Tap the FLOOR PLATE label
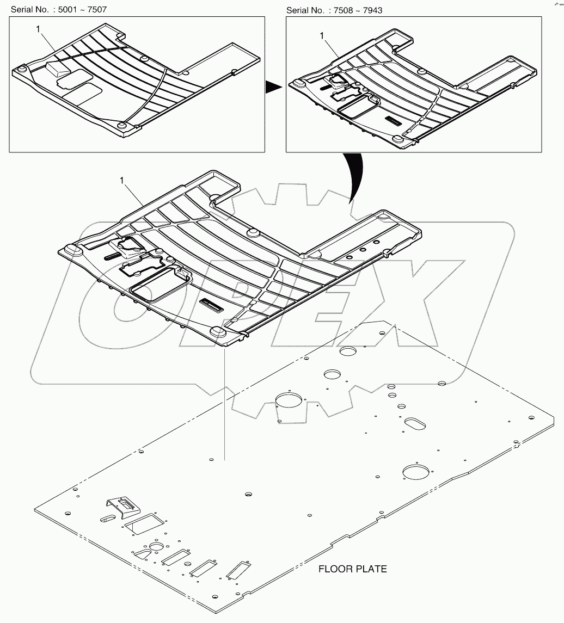tap(352, 569)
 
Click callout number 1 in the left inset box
tap(38, 29)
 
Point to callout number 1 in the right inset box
tap(322, 35)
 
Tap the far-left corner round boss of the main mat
tap(71, 249)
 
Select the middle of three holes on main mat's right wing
tap(363, 250)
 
